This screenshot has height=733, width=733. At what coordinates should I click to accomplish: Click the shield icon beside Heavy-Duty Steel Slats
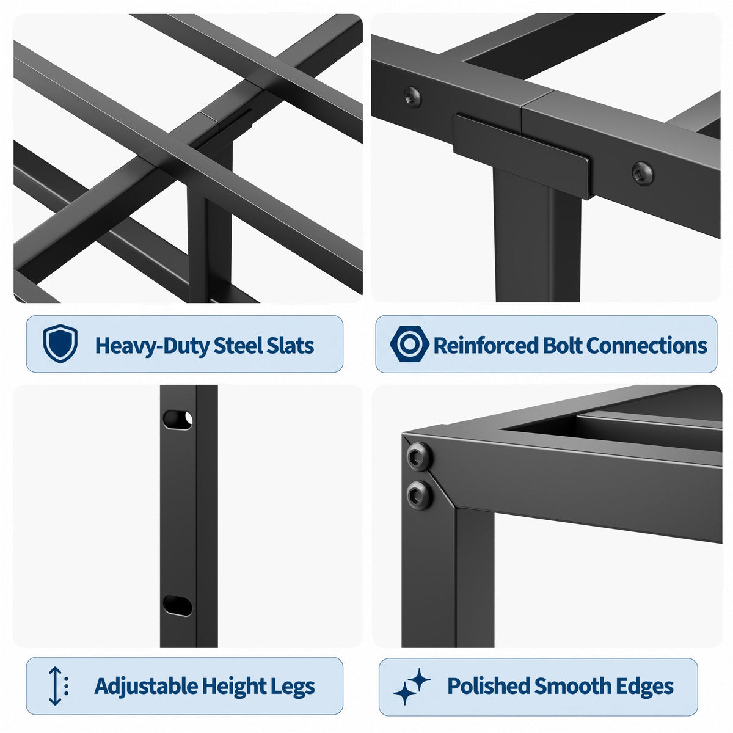click(60, 343)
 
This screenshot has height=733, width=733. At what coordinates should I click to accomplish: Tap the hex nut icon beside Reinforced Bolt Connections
click(409, 343)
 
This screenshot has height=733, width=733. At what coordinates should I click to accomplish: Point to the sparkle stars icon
click(412, 686)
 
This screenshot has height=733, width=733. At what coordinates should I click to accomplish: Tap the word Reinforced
click(486, 345)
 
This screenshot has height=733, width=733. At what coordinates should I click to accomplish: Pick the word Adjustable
click(146, 686)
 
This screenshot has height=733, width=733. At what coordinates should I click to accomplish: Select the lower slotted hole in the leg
click(178, 605)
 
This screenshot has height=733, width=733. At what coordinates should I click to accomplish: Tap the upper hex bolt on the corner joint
click(418, 456)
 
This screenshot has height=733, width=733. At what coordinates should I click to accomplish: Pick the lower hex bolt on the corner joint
click(419, 495)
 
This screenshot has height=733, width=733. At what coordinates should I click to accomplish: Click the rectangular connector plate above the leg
click(521, 156)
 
